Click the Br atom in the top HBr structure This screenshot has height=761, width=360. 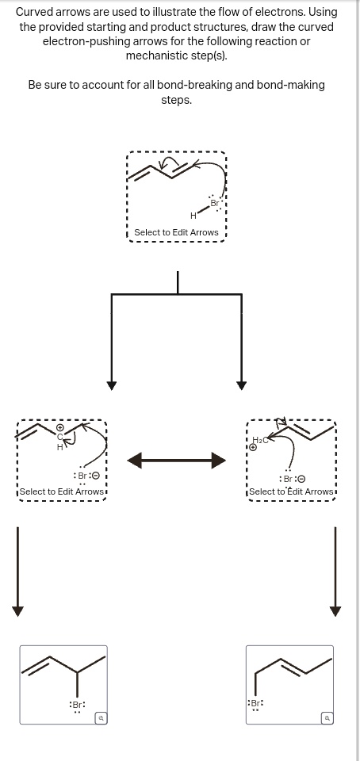[214, 204]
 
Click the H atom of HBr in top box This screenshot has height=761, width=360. [193, 215]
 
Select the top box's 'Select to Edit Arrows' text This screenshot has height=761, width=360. [176, 232]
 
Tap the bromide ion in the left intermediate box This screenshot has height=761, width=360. [85, 476]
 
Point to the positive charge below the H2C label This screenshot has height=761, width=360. [253, 448]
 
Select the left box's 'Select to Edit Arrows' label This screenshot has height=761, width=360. [62, 491]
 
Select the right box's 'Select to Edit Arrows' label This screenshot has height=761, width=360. [291, 491]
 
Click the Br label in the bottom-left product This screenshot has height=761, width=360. [77, 704]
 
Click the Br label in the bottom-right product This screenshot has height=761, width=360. [256, 703]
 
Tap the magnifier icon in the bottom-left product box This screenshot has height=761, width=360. [101, 717]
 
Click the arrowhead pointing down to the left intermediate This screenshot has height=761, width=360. [113, 385]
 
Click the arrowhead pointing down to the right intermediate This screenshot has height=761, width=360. [241, 385]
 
